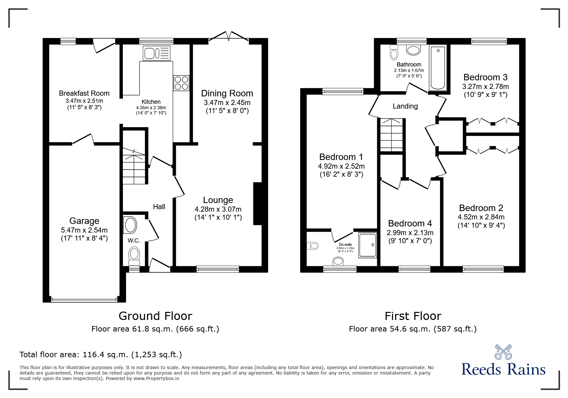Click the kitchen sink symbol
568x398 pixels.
157,53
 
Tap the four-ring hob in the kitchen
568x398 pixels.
181,83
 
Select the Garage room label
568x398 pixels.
84,221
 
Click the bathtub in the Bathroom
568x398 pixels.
438,68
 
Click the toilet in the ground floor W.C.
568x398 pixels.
134,254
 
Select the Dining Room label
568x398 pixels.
227,93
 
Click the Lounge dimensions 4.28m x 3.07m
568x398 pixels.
218,209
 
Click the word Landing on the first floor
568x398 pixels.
405,106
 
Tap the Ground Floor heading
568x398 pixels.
155,316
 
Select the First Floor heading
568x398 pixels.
413,316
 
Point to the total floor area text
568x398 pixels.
101,355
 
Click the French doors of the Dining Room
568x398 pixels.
229,36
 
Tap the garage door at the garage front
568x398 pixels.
84,300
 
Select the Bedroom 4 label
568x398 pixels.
410,224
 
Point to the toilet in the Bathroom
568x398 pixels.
394,53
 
